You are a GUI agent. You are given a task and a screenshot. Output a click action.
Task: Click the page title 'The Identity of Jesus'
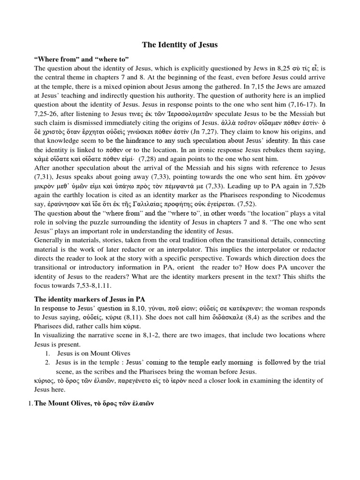tap(180, 45)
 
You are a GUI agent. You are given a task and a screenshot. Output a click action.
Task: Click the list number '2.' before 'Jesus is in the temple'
tap(47, 362)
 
